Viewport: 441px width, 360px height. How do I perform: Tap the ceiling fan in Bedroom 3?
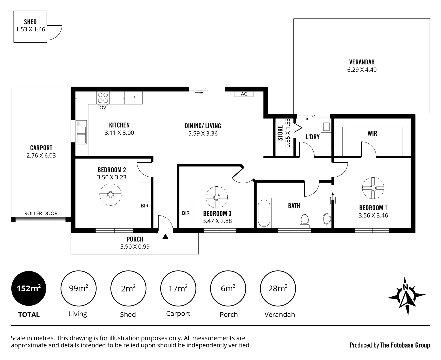[x=216, y=197]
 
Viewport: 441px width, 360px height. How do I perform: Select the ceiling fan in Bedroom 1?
[x=373, y=188]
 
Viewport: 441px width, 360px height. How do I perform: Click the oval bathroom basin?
[x=327, y=219]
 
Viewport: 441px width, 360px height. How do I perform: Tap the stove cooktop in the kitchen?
[x=103, y=98]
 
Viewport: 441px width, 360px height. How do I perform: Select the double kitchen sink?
[x=81, y=132]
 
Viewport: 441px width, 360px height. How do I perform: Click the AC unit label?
[x=244, y=94]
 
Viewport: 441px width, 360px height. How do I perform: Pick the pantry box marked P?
[x=134, y=98]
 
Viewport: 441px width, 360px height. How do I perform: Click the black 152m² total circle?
[x=29, y=288]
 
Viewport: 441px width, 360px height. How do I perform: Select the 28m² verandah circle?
[x=278, y=288]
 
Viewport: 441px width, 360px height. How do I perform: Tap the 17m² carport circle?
[x=178, y=288]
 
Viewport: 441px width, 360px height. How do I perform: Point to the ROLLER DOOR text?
[x=41, y=213]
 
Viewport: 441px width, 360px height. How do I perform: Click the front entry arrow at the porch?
[x=165, y=236]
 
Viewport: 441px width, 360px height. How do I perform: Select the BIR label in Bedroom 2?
[x=144, y=206]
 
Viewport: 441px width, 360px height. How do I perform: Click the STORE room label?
[x=280, y=133]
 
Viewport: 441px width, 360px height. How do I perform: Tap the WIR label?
[x=372, y=133]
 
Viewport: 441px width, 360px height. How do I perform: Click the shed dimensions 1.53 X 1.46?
[x=30, y=29]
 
